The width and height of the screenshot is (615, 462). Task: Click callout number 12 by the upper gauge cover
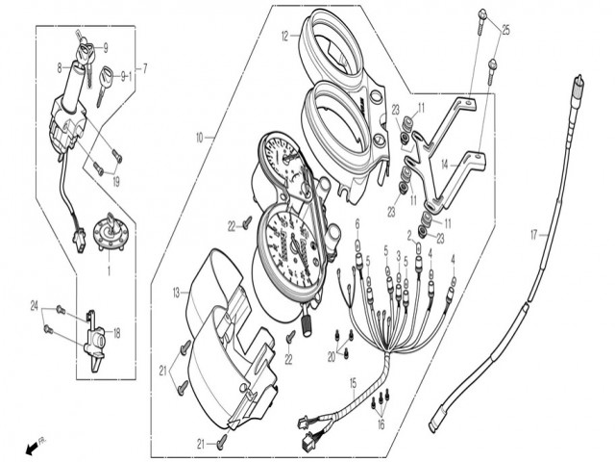[285, 37]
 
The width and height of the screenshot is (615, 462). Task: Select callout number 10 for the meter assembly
[200, 138]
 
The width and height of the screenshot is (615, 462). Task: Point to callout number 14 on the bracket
[446, 166]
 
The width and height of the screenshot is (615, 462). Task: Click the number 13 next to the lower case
[177, 291]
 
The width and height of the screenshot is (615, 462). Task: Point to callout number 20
[332, 357]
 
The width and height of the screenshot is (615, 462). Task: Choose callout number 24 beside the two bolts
[34, 308]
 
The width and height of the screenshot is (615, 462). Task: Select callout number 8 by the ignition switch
[60, 67]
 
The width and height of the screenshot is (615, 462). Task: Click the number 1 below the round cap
[109, 273]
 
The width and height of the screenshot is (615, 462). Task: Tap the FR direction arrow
[37, 447]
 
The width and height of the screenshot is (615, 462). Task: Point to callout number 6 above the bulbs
[357, 223]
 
